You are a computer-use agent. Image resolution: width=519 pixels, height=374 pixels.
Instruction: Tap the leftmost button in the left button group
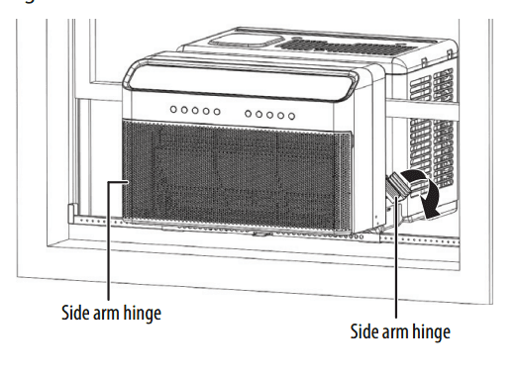click(172, 110)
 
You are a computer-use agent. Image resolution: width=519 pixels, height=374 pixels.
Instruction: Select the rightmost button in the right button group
click(291, 116)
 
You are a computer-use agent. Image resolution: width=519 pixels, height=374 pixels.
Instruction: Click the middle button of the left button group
click(194, 111)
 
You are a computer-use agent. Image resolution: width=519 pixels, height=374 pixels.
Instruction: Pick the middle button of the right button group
click(269, 115)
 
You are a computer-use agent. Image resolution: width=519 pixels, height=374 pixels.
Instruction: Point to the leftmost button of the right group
click(248, 114)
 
